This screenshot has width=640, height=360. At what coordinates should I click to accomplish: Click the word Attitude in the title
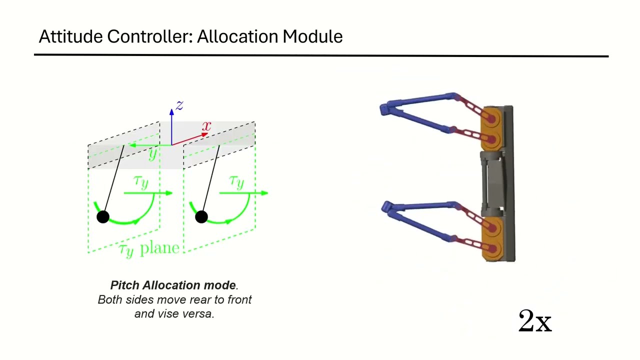coord(71,36)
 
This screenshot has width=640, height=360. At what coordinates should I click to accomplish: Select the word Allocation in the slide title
coord(237,36)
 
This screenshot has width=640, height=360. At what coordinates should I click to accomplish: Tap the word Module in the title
coord(312,36)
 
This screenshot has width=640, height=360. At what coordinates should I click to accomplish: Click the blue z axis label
coord(179,105)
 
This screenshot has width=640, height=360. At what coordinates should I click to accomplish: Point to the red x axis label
coord(206,125)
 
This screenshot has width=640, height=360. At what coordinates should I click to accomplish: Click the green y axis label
coord(153,154)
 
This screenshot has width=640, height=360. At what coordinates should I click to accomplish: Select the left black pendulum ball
coord(103,217)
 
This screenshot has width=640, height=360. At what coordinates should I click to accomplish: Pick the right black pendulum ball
coord(201,217)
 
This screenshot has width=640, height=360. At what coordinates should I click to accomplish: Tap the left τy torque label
coord(141,182)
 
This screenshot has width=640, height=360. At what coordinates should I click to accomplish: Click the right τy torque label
coord(237,182)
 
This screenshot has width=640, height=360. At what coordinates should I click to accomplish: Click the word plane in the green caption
coord(159,247)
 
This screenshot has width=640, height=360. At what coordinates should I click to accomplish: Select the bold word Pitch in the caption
coord(125,285)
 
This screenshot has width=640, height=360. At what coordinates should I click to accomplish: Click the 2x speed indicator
coord(535,321)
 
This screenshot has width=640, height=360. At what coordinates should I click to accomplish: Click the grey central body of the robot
coord(493,183)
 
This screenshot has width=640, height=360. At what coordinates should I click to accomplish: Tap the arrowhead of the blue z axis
coord(171,111)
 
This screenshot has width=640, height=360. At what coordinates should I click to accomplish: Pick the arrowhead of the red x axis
coord(205,134)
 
